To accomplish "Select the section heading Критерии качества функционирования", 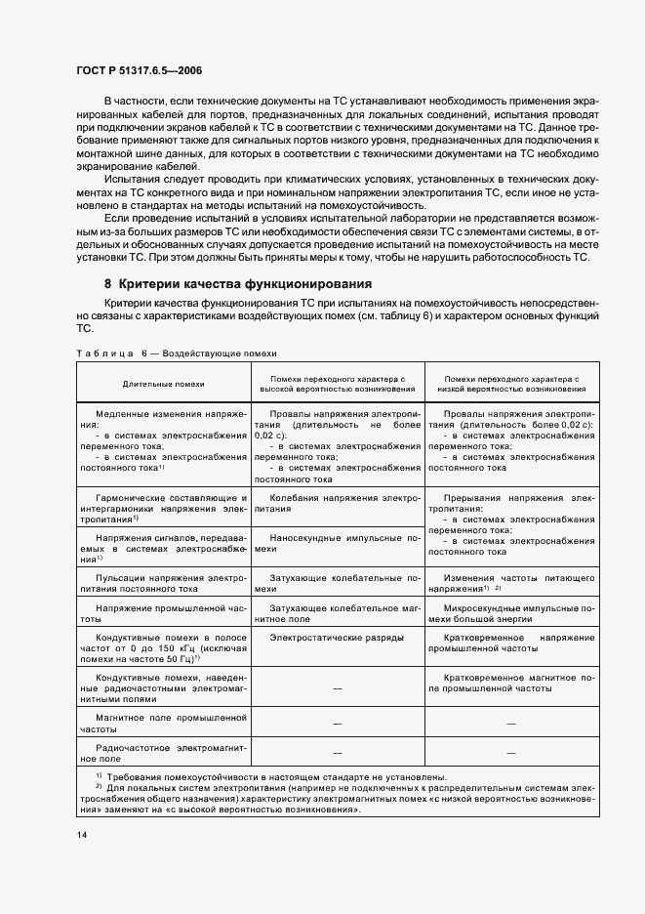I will pyautogui.click(x=238, y=284).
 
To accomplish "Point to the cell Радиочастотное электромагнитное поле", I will pyautogui.click(x=163, y=753).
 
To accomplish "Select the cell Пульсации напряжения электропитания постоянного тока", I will pyautogui.click(x=163, y=583).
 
